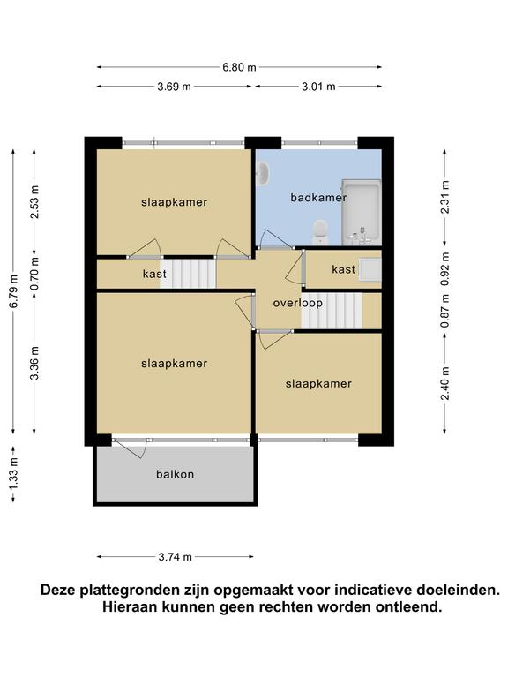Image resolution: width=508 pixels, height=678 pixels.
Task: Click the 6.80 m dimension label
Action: [x=239, y=67]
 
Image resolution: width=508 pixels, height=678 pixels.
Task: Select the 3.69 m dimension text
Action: [x=174, y=87]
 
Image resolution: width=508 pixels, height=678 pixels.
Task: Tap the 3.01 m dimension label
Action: [x=318, y=87]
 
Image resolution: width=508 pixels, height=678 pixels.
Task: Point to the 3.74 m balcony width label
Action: [x=175, y=557]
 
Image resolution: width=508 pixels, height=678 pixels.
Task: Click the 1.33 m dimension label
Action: [x=14, y=474]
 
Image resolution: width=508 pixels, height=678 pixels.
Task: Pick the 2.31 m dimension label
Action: [x=445, y=197]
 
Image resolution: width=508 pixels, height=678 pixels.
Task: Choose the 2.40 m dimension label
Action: [x=445, y=383]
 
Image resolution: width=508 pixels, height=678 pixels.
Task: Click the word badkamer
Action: [x=318, y=198]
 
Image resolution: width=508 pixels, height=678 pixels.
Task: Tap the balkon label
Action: [x=175, y=474]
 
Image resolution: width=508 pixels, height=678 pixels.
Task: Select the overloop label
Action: [x=297, y=303]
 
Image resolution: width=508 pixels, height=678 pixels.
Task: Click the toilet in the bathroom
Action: [x=320, y=232]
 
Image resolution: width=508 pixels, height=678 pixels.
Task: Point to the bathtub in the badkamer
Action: [x=361, y=212]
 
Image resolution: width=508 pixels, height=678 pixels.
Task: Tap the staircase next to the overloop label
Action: [x=332, y=311]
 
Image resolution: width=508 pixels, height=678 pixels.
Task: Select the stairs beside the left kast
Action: [x=188, y=274]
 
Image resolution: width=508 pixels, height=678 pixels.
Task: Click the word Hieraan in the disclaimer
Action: [x=129, y=607]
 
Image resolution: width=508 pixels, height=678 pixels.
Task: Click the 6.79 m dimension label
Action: [x=14, y=291]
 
